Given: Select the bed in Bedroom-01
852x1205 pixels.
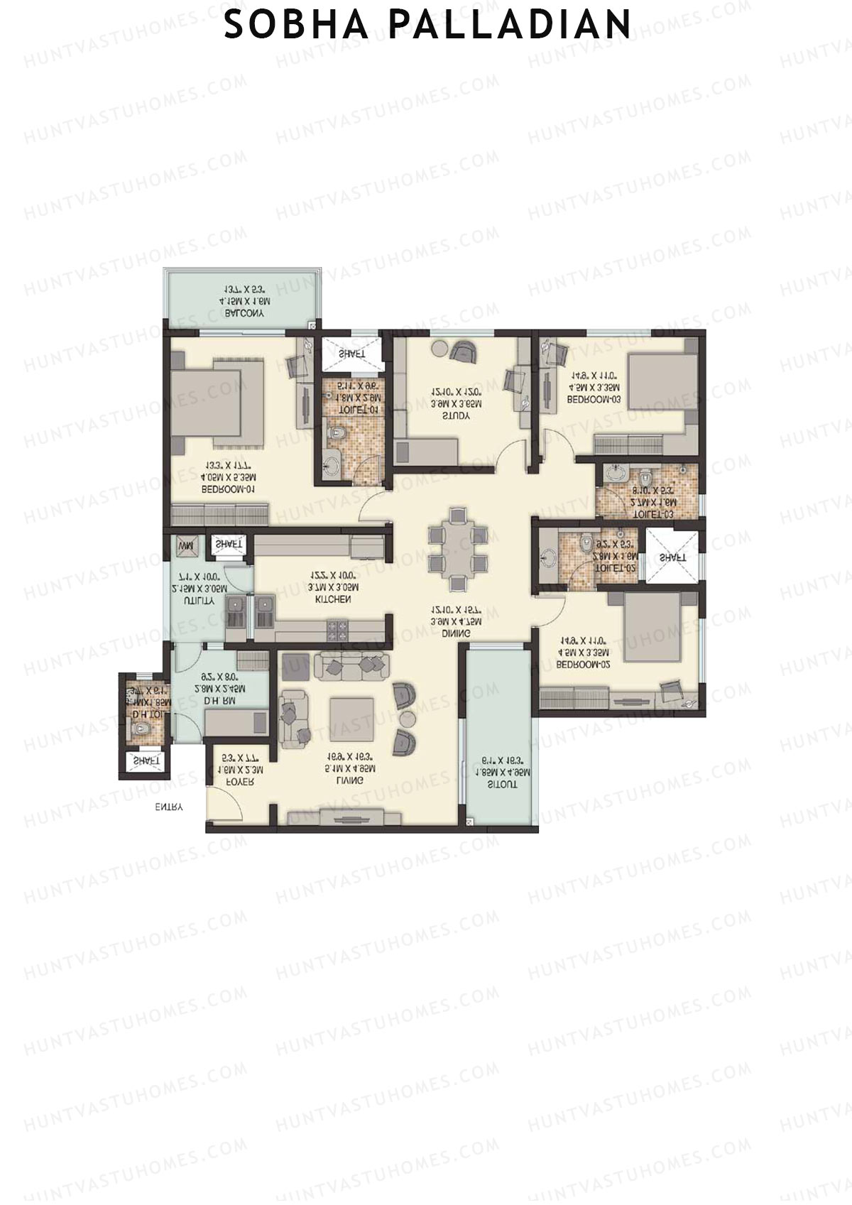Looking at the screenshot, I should [x=216, y=398].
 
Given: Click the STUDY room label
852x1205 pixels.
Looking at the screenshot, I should [x=456, y=416].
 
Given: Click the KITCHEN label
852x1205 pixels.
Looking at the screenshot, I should [x=333, y=599].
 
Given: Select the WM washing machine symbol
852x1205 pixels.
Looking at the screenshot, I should [x=186, y=546].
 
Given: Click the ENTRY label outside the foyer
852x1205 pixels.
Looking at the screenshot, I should [x=169, y=807].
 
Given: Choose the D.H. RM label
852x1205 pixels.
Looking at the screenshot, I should [x=220, y=700].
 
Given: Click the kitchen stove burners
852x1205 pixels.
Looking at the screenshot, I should [x=337, y=627].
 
